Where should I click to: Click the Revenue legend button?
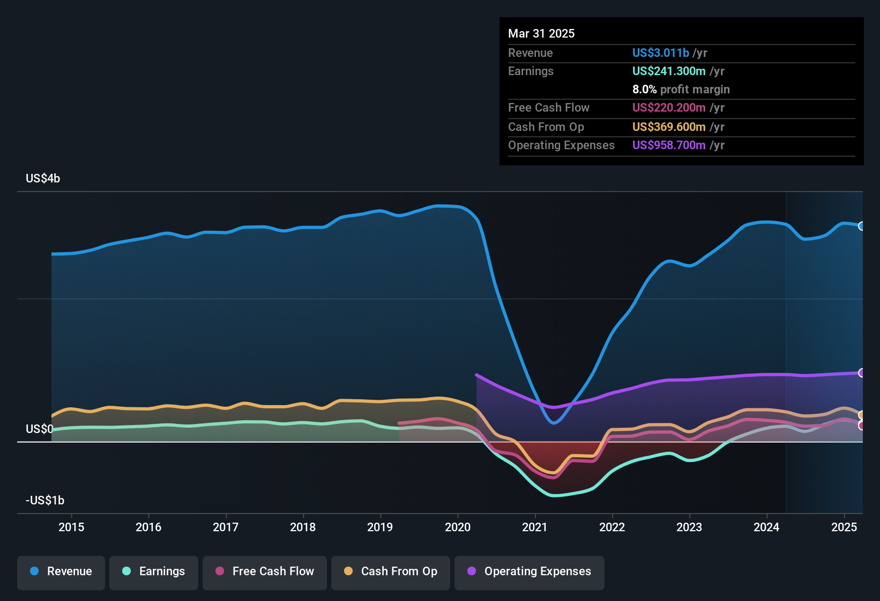point(61,571)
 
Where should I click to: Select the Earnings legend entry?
point(154,571)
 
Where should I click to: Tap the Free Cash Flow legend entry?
point(265,571)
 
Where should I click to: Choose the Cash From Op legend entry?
point(391,571)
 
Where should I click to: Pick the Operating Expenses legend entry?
point(530,571)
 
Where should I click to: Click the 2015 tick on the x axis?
point(71,527)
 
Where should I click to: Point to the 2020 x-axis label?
point(458,527)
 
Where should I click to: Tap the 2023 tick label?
point(689,527)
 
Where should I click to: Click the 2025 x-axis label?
point(844,527)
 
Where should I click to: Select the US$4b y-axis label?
point(43,178)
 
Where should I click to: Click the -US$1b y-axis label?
point(45,500)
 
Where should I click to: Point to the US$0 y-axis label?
point(39,429)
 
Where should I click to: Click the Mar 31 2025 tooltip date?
point(541,33)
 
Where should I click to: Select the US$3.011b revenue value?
point(660,53)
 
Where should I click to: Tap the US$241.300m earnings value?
point(668,71)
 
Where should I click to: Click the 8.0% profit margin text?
point(681,89)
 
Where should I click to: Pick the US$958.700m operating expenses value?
point(668,145)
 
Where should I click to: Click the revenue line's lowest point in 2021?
point(554,423)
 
